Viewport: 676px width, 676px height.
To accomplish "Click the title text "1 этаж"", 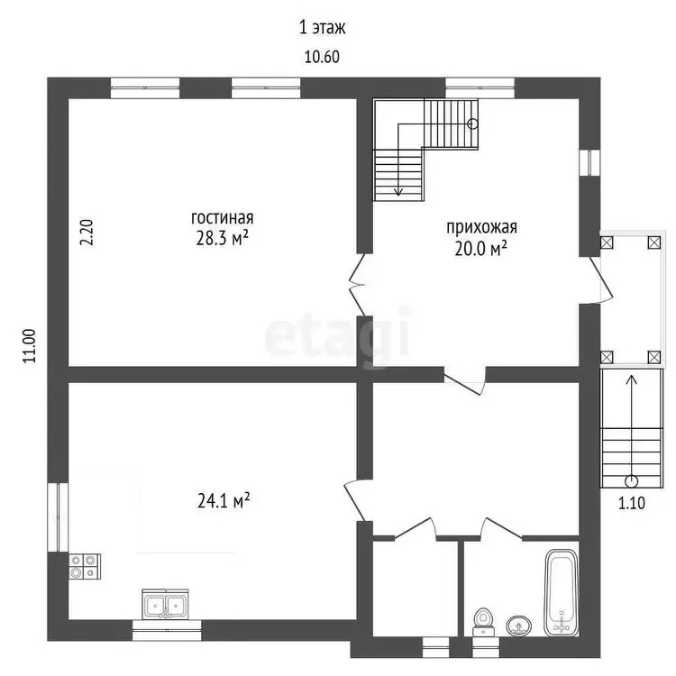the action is pyautogui.click(x=323, y=28).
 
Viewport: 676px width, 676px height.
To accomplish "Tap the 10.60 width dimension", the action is pyautogui.click(x=322, y=57).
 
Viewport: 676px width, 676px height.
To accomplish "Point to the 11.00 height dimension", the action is pyautogui.click(x=30, y=346).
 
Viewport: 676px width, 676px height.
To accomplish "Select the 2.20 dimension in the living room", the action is pyautogui.click(x=87, y=233).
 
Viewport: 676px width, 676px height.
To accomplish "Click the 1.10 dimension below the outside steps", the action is pyautogui.click(x=632, y=503).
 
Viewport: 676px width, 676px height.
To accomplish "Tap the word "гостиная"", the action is pyautogui.click(x=222, y=218).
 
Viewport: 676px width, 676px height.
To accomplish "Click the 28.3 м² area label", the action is pyautogui.click(x=222, y=238).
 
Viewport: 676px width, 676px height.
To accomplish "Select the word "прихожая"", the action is pyautogui.click(x=481, y=227).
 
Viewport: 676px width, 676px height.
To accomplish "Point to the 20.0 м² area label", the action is pyautogui.click(x=480, y=249).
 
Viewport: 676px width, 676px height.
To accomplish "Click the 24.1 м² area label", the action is pyautogui.click(x=224, y=500).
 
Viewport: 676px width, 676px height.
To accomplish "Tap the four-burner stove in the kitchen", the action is pyautogui.click(x=85, y=567).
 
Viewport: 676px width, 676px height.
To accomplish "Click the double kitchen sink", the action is pyautogui.click(x=165, y=605).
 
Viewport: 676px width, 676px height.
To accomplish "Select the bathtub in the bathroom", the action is pyautogui.click(x=561, y=592).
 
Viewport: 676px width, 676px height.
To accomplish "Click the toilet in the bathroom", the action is pyautogui.click(x=482, y=622).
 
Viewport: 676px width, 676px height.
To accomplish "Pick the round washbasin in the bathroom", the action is pyautogui.click(x=518, y=626).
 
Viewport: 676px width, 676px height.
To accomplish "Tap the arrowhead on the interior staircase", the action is pyautogui.click(x=398, y=191).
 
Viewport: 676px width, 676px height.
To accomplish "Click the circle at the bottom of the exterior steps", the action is pyautogui.click(x=632, y=480).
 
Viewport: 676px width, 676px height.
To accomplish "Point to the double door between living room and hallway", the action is pyautogui.click(x=358, y=285).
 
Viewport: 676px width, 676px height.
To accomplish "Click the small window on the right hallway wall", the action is pyautogui.click(x=589, y=162).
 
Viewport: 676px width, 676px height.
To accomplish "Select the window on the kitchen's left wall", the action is pyautogui.click(x=58, y=517).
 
